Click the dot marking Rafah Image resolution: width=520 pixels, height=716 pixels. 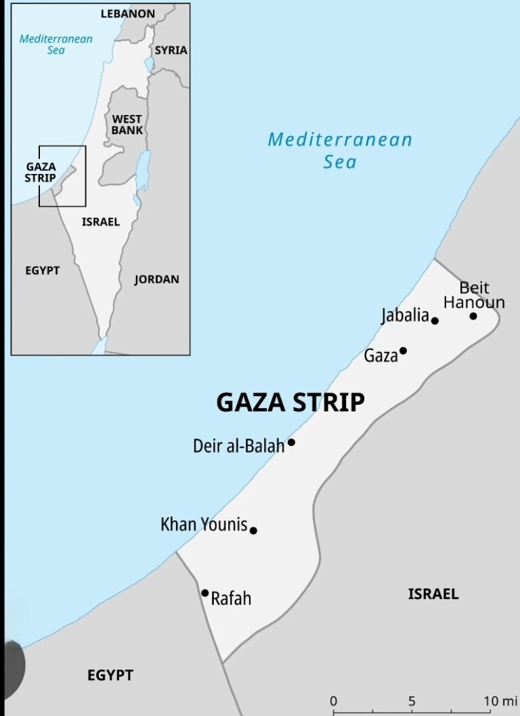(x=205, y=593)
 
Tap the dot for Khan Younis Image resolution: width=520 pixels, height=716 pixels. (x=253, y=531)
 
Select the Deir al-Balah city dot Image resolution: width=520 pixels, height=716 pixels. (x=291, y=442)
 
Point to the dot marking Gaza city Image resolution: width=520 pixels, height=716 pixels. (x=403, y=351)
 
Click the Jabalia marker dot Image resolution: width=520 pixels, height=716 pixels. (x=435, y=320)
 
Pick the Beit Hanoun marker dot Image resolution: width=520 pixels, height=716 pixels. (x=473, y=316)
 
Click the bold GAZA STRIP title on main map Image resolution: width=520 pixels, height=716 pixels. (x=290, y=403)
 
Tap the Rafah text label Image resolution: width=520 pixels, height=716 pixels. (x=231, y=598)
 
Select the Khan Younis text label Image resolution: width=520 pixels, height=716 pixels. (x=204, y=524)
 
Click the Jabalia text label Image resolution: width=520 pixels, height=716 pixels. (x=405, y=315)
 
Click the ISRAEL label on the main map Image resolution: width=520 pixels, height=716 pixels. (x=433, y=594)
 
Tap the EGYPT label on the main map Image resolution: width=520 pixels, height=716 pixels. (x=110, y=675)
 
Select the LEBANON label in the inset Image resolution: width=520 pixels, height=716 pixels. (x=128, y=14)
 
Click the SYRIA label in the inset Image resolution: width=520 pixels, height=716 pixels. (x=171, y=50)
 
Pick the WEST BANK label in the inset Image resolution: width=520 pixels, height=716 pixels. (x=127, y=125)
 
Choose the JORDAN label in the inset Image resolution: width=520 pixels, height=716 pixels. (x=156, y=279)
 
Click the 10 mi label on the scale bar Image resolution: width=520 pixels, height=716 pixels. (x=500, y=701)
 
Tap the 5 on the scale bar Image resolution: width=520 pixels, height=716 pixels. (x=412, y=701)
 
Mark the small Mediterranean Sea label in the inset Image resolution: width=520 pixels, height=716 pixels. (x=56, y=44)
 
